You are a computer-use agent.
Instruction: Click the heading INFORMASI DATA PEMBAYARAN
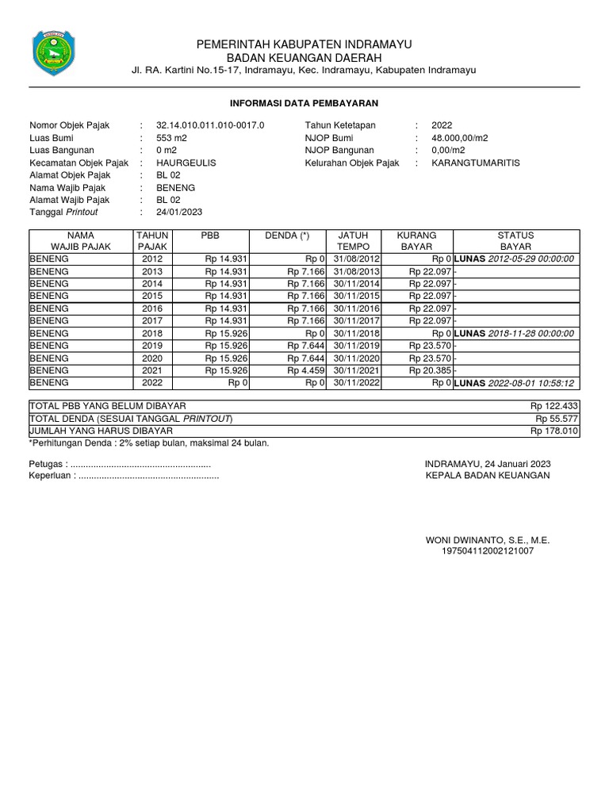point(304,103)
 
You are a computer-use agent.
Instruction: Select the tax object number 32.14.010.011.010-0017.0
point(210,125)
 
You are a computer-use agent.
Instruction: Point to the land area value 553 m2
point(170,138)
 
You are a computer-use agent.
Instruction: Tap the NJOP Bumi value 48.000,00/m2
point(460,138)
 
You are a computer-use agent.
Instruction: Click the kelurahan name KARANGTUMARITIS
point(476,163)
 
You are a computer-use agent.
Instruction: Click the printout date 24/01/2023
point(179,212)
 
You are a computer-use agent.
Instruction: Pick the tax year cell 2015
point(153,296)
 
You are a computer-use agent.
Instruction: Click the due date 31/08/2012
point(357,259)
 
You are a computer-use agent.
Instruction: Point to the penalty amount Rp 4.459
point(306,370)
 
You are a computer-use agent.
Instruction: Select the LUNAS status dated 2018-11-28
point(514,333)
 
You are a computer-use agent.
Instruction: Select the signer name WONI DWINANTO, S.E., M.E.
point(488,539)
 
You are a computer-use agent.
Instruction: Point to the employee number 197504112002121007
point(488,550)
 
